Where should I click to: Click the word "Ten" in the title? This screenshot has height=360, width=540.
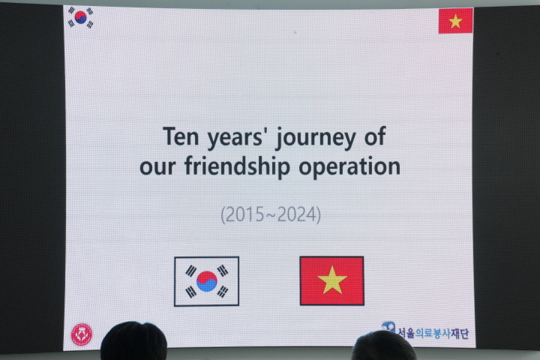pyautogui.click(x=181, y=136)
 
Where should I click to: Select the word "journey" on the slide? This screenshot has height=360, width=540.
pyautogui.click(x=316, y=138)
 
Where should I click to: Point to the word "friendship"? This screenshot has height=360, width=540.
pyautogui.click(x=237, y=166)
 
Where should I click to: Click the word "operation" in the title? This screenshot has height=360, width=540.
pyautogui.click(x=349, y=166)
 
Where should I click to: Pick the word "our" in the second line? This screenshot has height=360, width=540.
pyautogui.click(x=157, y=167)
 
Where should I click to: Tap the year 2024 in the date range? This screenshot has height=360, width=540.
pyautogui.click(x=296, y=214)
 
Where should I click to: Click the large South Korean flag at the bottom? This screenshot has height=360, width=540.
pyautogui.click(x=207, y=281)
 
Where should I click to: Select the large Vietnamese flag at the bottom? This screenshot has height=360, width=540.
pyautogui.click(x=332, y=280)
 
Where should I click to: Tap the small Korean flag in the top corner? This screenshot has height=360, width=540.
pyautogui.click(x=80, y=17)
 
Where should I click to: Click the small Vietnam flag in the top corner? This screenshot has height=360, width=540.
pyautogui.click(x=456, y=21)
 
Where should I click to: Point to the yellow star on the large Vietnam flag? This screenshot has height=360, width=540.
pyautogui.click(x=332, y=280)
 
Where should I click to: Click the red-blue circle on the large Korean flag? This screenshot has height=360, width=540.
pyautogui.click(x=207, y=281)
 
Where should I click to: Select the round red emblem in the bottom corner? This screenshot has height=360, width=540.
pyautogui.click(x=82, y=334)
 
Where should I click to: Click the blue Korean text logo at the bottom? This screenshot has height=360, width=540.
pyautogui.click(x=425, y=331)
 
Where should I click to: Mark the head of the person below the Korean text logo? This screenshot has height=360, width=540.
pyautogui.click(x=384, y=345)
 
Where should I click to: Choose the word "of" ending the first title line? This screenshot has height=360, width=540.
pyautogui.click(x=375, y=136)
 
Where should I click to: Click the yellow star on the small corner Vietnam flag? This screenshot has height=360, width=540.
pyautogui.click(x=455, y=21)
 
